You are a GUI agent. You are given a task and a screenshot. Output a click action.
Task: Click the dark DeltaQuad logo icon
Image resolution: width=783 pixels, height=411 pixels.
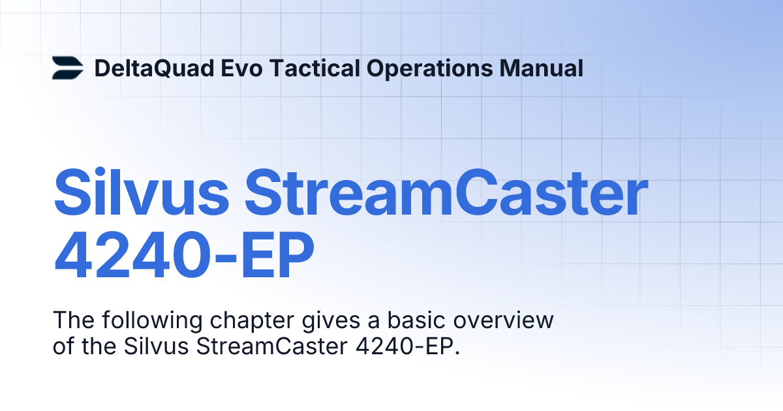(68, 68)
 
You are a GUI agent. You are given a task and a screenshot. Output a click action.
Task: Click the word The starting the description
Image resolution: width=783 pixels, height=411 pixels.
(71, 321)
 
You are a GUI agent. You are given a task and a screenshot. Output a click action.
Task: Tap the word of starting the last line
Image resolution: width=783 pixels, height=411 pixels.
(63, 346)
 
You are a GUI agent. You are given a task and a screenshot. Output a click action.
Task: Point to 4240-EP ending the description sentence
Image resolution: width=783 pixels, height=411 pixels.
(408, 346)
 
